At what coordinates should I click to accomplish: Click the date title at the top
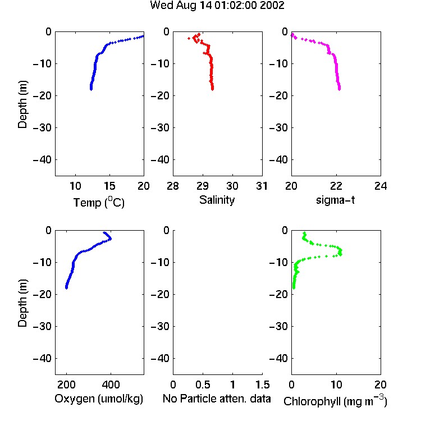click(217, 5)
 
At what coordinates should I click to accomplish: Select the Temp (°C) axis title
click(99, 202)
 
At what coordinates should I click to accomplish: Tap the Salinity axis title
click(217, 200)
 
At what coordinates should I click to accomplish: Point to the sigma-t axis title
click(335, 200)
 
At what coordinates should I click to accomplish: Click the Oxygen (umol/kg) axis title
click(99, 399)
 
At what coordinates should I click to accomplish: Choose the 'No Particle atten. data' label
click(217, 399)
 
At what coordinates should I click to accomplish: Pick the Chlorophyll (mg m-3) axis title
click(335, 401)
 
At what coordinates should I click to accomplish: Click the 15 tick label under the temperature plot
click(109, 186)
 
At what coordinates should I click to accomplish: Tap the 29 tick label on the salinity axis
click(203, 186)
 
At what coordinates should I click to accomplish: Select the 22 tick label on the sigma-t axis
click(336, 186)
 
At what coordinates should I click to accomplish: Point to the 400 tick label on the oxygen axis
click(111, 385)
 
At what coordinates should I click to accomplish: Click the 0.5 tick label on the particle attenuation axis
click(203, 385)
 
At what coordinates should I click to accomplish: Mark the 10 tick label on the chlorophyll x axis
click(336, 385)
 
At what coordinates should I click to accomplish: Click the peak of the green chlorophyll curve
click(341, 252)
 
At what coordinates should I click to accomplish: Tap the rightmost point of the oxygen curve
click(111, 239)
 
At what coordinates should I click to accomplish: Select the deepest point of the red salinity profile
click(212, 89)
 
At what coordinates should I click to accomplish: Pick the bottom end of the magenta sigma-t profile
click(340, 89)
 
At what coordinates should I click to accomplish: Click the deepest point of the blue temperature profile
click(91, 89)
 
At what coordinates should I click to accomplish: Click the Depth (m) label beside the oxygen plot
click(22, 303)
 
